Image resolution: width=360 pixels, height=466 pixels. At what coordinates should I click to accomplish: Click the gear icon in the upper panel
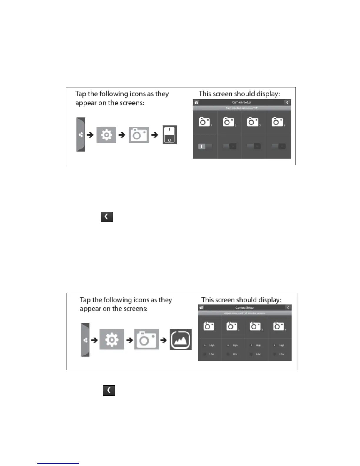click(x=106, y=135)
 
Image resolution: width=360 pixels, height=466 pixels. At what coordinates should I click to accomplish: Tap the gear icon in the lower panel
click(x=112, y=340)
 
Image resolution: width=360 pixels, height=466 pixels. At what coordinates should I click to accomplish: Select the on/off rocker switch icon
click(x=170, y=135)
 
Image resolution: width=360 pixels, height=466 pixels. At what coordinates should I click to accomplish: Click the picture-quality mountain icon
click(x=181, y=340)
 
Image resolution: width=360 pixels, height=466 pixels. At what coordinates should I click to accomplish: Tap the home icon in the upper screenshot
click(x=196, y=102)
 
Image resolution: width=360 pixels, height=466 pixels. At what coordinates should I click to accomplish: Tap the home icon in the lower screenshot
click(x=201, y=308)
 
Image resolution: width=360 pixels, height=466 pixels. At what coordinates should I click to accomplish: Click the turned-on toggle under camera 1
click(x=205, y=146)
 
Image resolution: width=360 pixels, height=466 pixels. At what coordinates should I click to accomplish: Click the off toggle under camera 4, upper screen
click(x=278, y=146)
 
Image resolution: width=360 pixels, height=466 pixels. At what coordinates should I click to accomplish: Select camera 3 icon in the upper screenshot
click(x=253, y=122)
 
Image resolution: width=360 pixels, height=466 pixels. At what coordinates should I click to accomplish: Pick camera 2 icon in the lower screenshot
click(x=231, y=326)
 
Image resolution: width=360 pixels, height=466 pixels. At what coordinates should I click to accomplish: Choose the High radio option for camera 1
click(x=205, y=345)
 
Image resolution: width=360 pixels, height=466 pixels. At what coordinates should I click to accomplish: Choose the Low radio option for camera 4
click(x=274, y=354)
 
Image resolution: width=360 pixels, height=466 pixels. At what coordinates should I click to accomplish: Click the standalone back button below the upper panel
click(x=106, y=217)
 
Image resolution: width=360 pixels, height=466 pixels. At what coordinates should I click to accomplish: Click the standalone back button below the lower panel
click(x=109, y=390)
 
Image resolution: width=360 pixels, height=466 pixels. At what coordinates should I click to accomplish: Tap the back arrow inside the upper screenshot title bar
click(x=287, y=102)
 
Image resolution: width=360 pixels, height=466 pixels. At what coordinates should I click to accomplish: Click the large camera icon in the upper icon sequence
click(x=139, y=135)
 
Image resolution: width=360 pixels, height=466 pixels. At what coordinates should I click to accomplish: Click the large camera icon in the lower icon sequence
click(x=146, y=340)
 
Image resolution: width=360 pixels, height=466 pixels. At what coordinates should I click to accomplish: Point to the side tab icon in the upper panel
click(x=81, y=135)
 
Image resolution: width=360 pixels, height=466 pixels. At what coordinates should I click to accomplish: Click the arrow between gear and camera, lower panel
click(x=129, y=340)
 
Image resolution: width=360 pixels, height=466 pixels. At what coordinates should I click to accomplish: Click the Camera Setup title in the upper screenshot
click(x=241, y=102)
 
